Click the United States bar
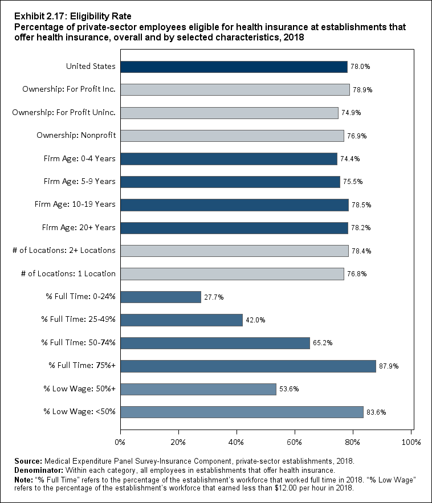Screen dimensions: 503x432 click(234, 67)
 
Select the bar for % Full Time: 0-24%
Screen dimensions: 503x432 click(161, 297)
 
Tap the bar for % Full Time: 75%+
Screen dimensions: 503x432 click(248, 366)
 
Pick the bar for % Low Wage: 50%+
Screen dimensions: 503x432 click(198, 389)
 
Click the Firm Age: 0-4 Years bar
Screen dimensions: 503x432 click(229, 159)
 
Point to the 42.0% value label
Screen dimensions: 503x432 click(253, 320)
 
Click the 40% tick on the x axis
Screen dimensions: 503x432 click(237, 442)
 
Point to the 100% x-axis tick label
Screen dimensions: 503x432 click(411, 442)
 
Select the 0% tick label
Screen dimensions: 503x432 click(120, 442)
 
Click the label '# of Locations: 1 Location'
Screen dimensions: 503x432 click(68, 273)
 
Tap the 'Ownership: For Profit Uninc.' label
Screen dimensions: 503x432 click(64, 112)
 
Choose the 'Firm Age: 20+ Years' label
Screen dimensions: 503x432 click(79, 227)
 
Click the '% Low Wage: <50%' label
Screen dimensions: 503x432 click(80, 412)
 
